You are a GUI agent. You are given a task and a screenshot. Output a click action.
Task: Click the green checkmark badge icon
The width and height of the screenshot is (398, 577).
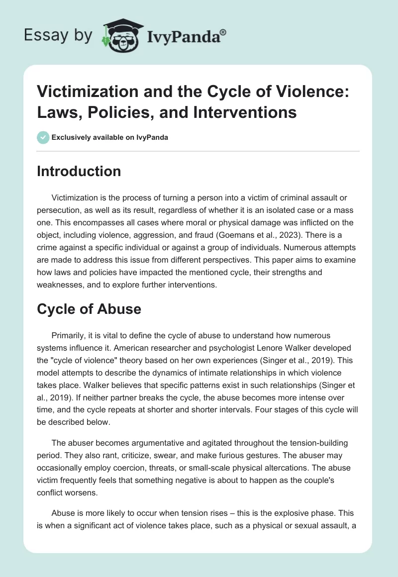pyautogui.click(x=43, y=137)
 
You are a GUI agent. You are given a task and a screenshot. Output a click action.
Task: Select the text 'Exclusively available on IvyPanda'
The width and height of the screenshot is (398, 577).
pyautogui.click(x=110, y=138)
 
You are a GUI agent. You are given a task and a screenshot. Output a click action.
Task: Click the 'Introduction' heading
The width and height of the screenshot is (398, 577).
pyautogui.click(x=79, y=171)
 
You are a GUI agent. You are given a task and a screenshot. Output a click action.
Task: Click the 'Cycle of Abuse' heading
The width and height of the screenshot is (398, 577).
pyautogui.click(x=89, y=309)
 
